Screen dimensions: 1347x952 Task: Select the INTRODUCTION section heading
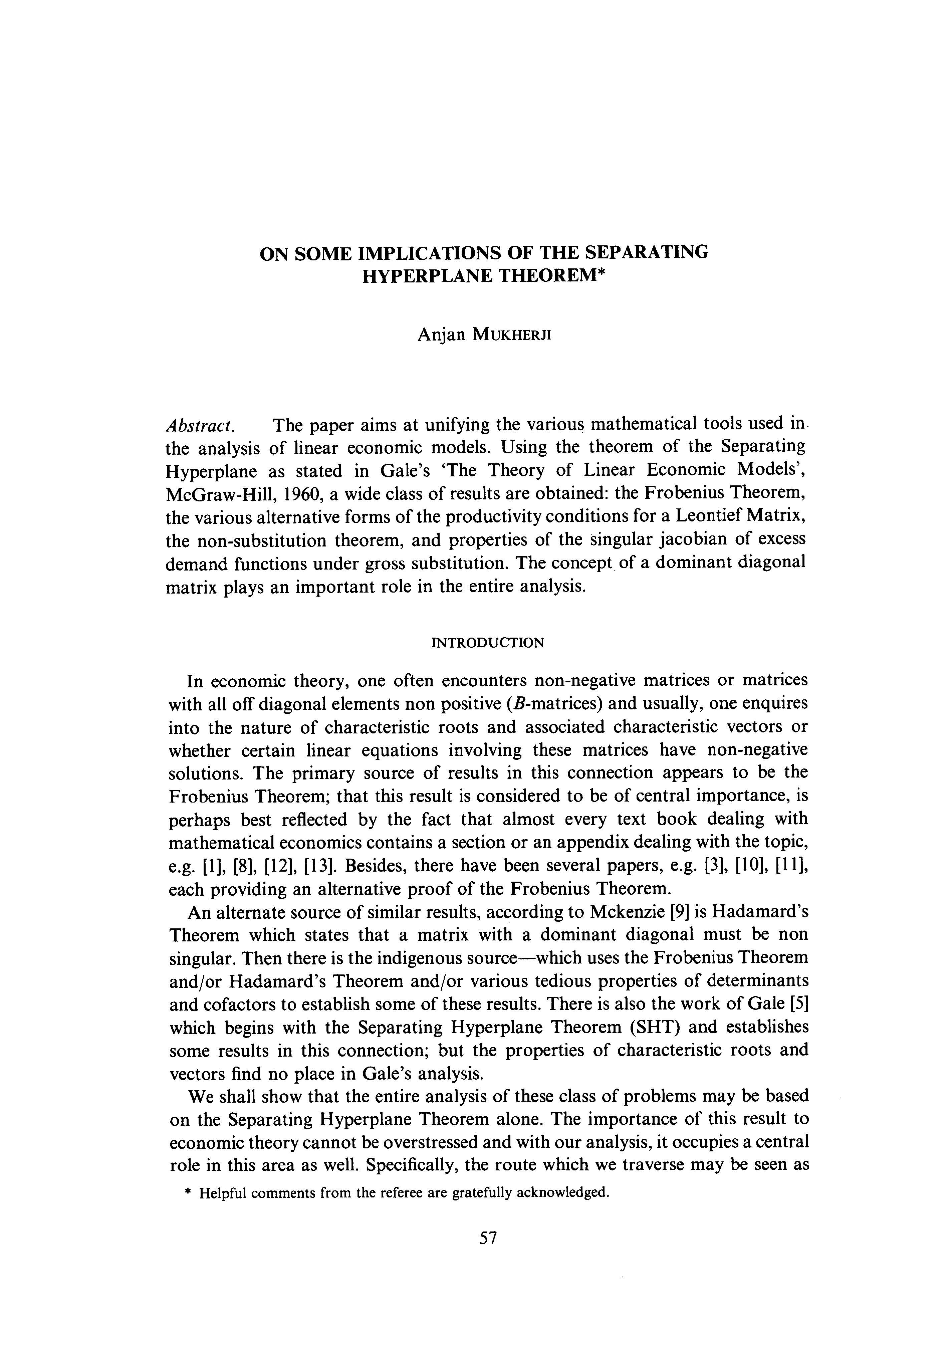(x=487, y=642)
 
